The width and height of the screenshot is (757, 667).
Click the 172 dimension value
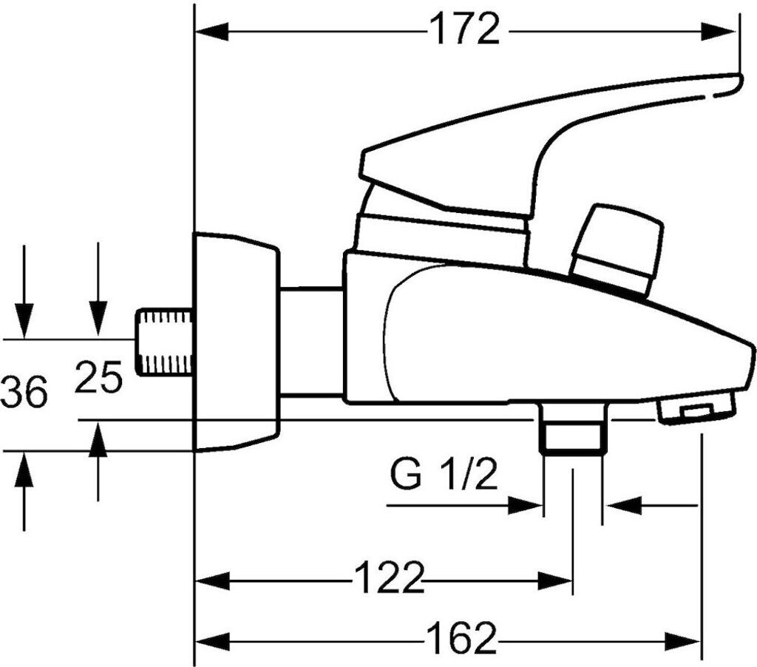click(x=464, y=30)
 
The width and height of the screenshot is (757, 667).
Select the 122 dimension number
click(x=389, y=578)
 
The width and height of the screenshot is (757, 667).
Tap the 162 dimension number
click(x=461, y=638)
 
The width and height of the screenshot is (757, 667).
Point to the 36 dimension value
click(x=24, y=391)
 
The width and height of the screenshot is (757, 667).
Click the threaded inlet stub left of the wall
click(x=163, y=342)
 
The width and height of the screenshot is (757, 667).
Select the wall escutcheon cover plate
click(x=237, y=342)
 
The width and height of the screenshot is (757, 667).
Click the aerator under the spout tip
click(x=696, y=409)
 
